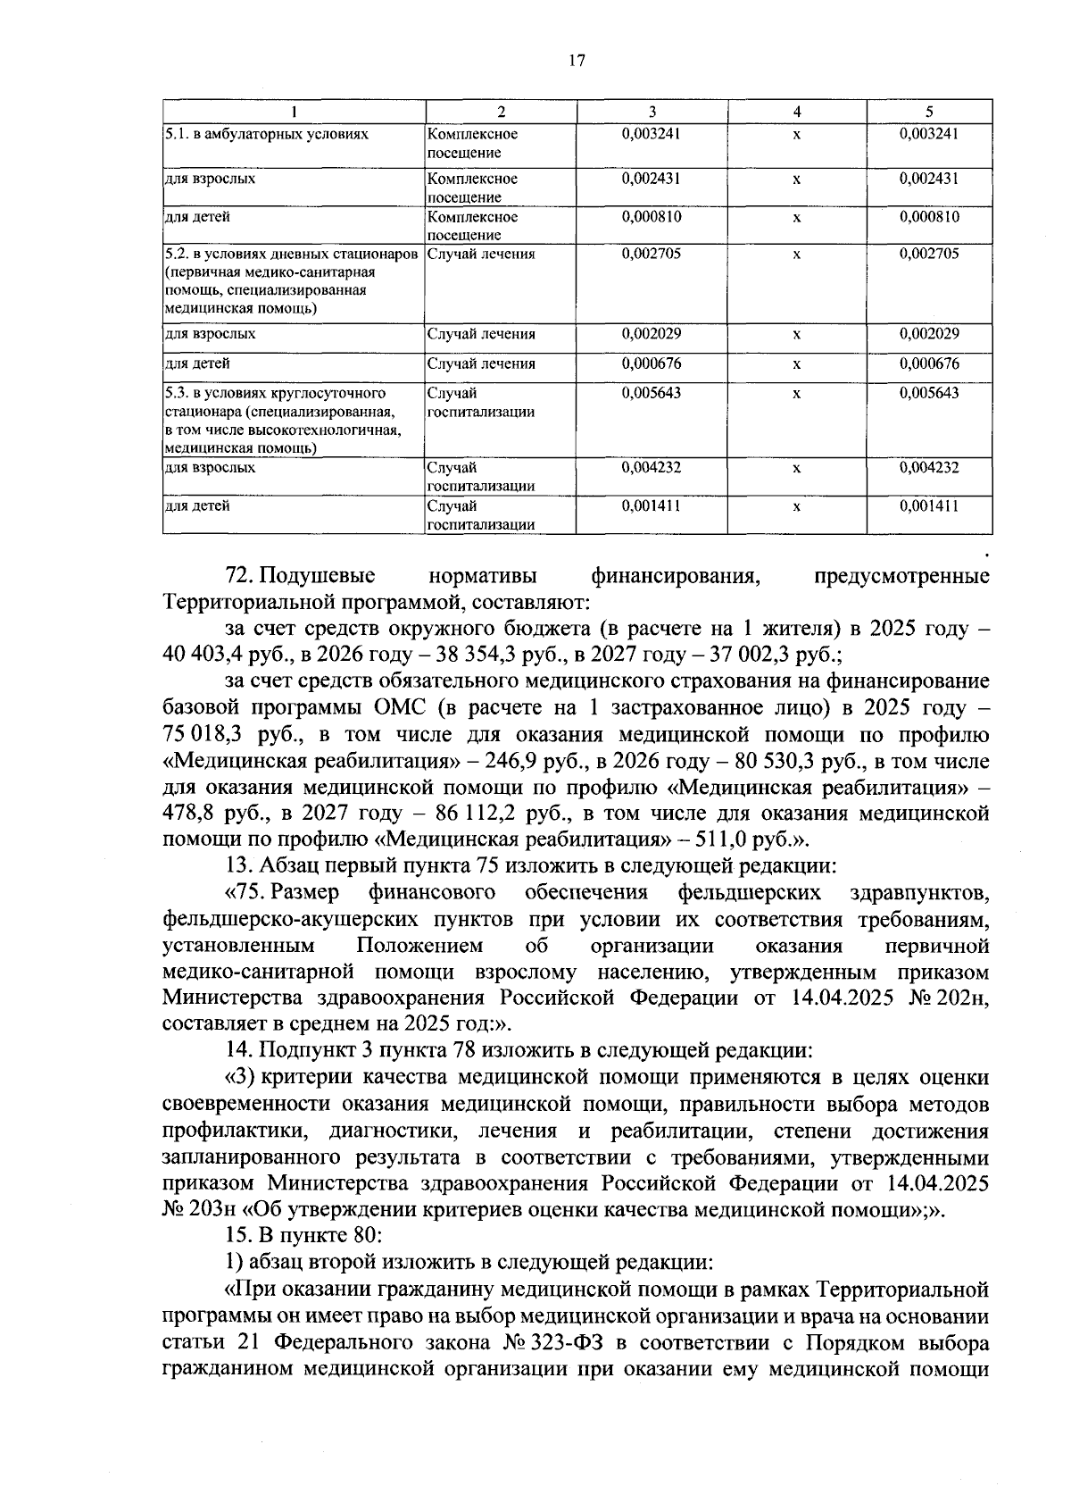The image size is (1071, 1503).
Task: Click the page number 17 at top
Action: [x=576, y=61]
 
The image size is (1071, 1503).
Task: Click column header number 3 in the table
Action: [x=652, y=112]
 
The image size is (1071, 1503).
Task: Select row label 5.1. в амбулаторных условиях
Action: [x=267, y=134]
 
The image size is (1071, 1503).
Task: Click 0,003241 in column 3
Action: [x=652, y=134]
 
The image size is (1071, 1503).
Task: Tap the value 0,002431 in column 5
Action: [x=929, y=178]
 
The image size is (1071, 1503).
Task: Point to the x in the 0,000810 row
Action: [x=796, y=217]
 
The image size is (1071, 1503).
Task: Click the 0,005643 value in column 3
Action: [x=652, y=393]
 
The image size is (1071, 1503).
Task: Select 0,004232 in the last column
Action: [x=929, y=467]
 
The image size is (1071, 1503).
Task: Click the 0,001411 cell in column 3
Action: [x=652, y=505]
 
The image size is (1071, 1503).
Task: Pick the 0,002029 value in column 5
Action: [x=929, y=334]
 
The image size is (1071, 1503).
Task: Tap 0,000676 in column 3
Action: [x=652, y=363]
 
